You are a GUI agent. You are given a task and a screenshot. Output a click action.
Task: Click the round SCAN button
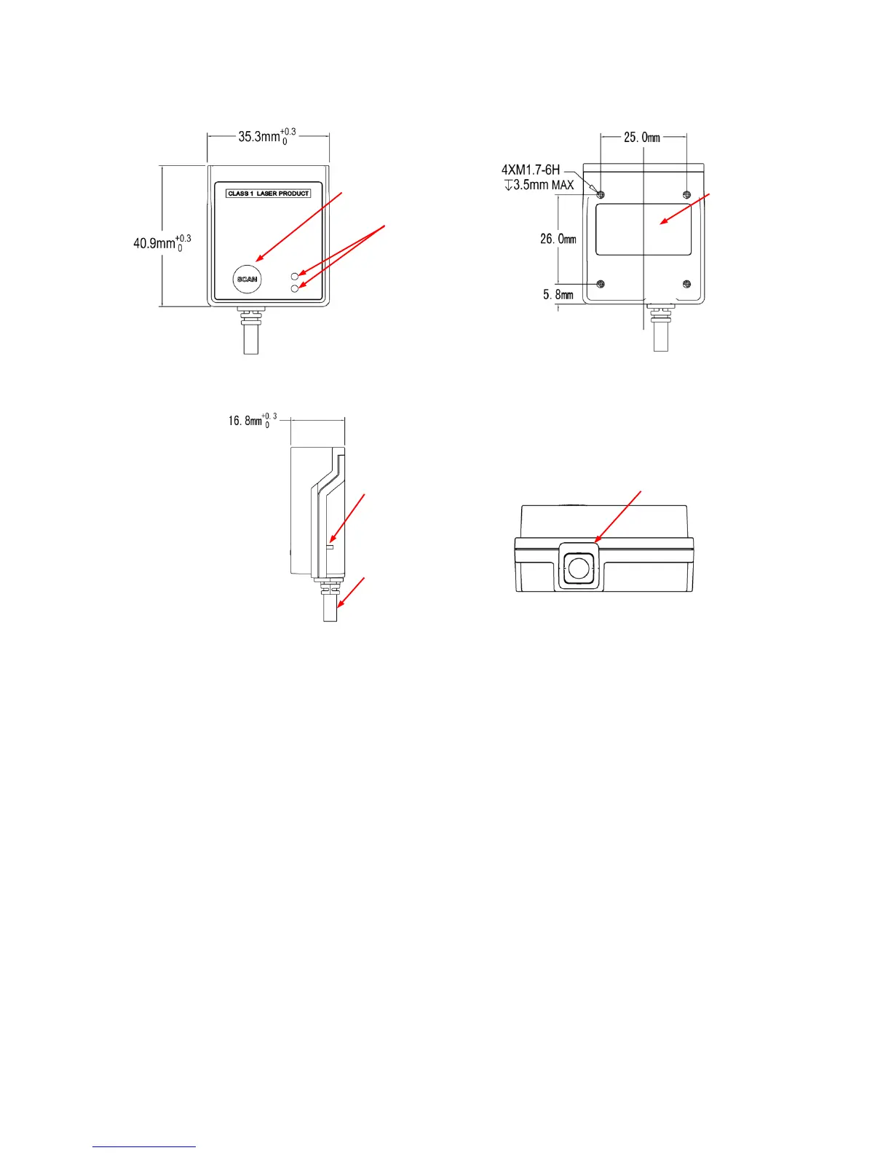coord(247,280)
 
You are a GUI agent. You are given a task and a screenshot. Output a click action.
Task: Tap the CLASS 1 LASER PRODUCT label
coord(269,194)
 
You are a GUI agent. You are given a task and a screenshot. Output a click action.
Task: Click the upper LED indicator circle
coord(295,277)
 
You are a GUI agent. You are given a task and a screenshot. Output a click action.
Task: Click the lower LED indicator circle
coord(295,289)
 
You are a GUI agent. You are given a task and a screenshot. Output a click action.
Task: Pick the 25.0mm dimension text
coord(641,137)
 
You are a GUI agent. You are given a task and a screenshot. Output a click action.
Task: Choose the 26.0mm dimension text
coord(558,239)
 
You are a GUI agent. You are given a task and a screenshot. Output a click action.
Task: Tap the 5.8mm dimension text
coord(558,295)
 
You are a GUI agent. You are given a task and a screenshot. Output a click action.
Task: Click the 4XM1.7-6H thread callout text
coord(530,170)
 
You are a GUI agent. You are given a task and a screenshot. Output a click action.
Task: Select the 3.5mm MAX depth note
coord(539,185)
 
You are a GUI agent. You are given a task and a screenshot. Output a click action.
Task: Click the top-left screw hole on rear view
coord(601,194)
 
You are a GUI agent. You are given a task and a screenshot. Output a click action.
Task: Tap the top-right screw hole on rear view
coord(686,194)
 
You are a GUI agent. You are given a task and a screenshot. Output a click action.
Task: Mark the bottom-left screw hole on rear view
coord(601,284)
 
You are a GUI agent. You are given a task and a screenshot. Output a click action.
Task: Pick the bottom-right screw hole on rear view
coord(686,284)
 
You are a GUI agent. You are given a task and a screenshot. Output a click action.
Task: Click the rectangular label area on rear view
coord(643,229)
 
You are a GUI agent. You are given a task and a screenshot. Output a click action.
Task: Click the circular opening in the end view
coord(579,568)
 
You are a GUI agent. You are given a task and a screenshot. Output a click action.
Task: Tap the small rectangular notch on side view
coord(330,547)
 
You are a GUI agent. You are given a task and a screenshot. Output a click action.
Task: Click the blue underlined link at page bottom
coord(144,1147)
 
